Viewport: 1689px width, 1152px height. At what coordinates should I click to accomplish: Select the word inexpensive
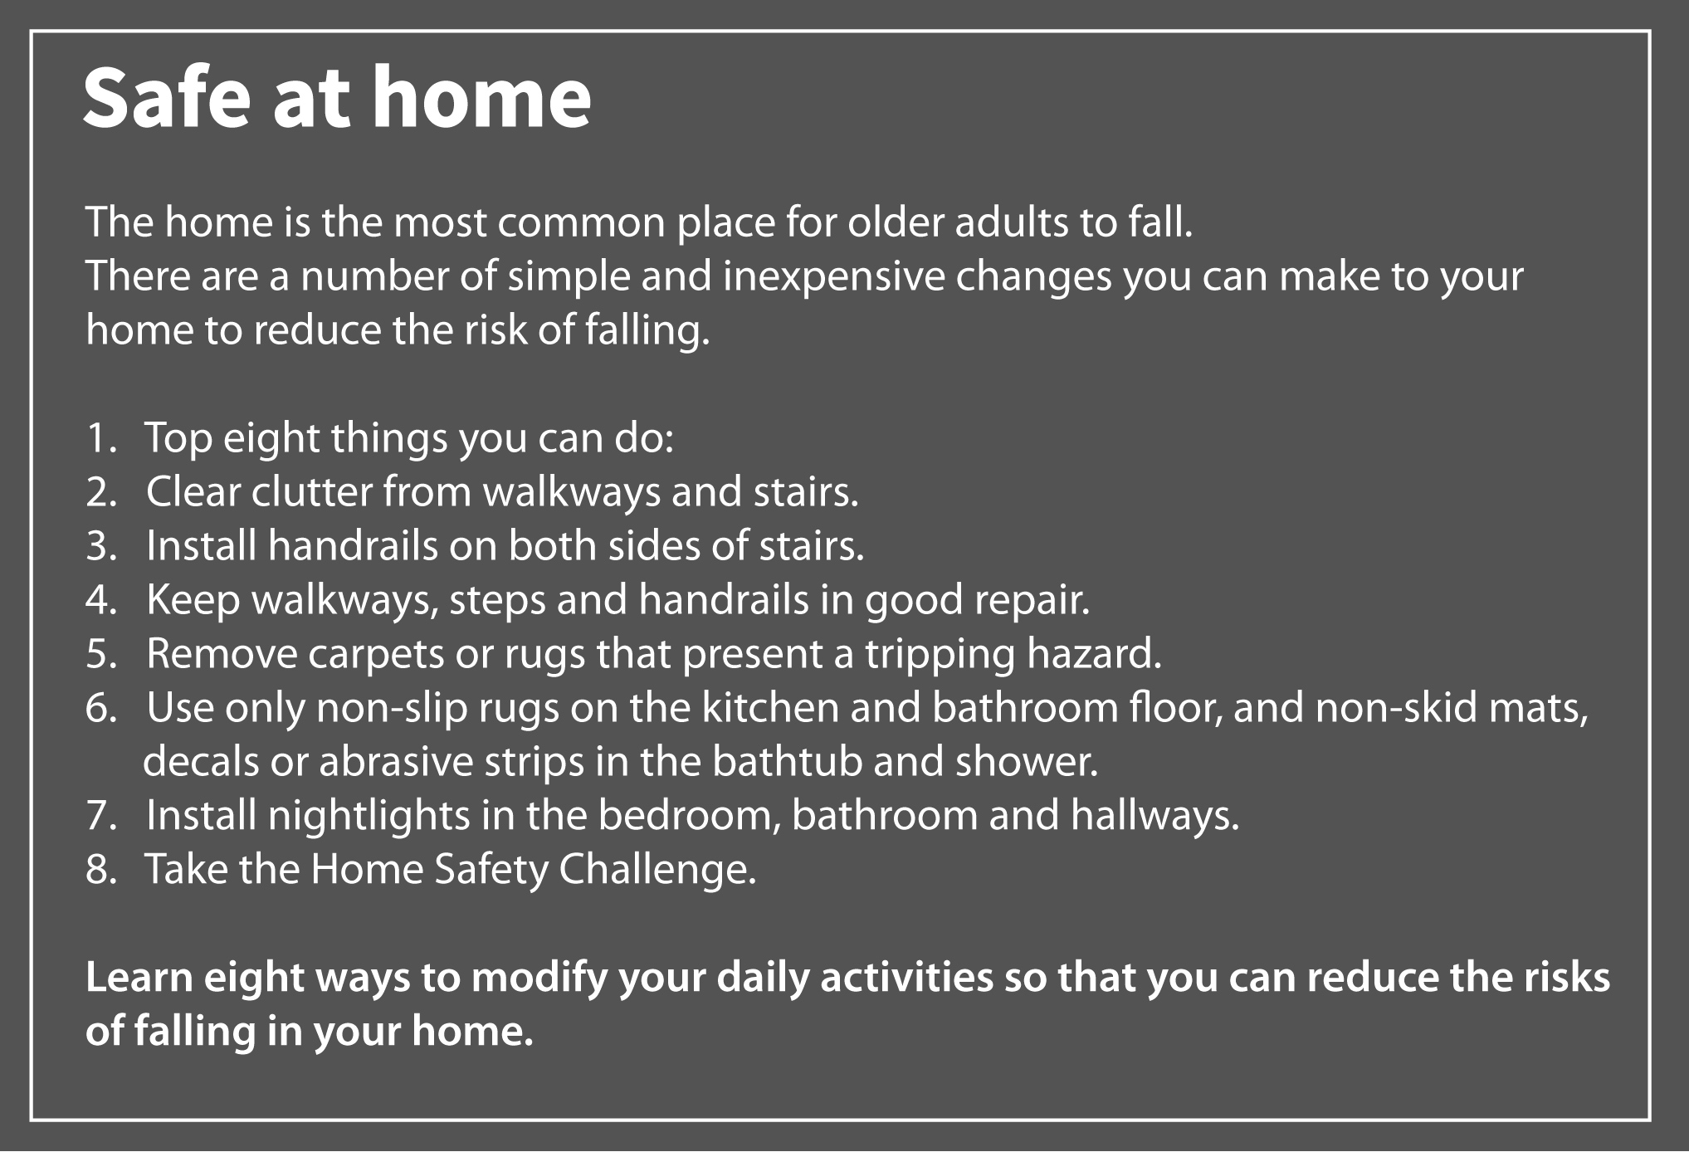833,276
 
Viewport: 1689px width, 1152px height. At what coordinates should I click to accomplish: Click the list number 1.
102,438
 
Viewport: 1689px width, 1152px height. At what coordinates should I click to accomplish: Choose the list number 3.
101,546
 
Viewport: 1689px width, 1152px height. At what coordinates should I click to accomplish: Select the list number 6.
101,708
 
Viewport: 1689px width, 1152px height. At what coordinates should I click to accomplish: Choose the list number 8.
101,870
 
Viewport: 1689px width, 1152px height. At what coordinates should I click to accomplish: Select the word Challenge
657,870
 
